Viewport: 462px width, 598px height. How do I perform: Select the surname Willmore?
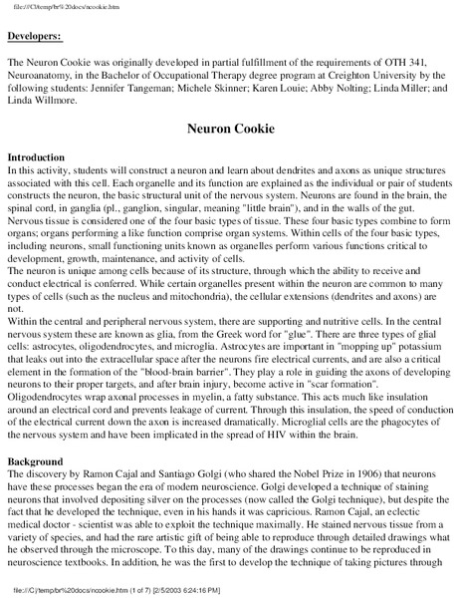(x=70, y=102)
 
